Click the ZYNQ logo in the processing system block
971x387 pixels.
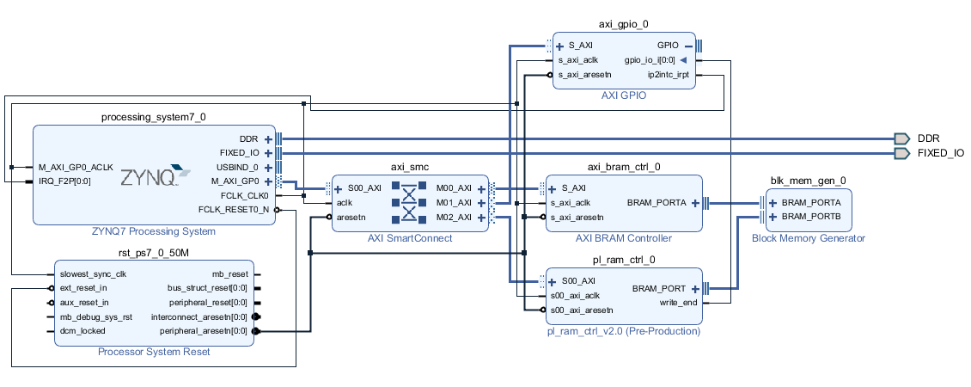coord(156,176)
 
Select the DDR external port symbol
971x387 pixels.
coord(901,138)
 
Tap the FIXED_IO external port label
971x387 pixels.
coord(941,152)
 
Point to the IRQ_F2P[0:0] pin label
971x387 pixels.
coord(64,181)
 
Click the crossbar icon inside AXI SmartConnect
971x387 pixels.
coord(409,202)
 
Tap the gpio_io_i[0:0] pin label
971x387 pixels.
coord(650,60)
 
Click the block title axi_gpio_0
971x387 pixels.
coord(624,25)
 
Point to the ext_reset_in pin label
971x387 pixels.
coord(83,288)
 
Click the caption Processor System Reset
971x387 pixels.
coord(154,352)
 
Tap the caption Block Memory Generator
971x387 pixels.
coord(808,238)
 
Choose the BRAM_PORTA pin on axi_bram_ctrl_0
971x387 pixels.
coord(656,202)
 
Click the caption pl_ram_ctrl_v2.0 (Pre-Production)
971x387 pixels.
coord(624,331)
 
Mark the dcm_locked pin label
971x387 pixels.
coord(82,330)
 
